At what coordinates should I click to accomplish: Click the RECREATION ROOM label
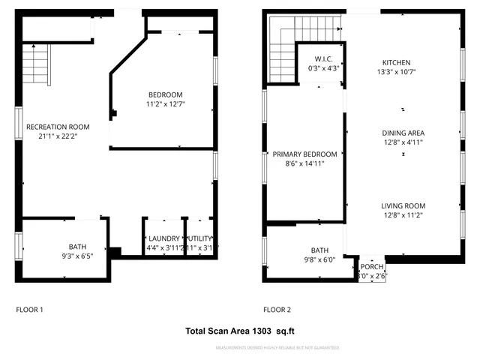[x=57, y=127]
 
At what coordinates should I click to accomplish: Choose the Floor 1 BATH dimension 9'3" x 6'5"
[x=77, y=256]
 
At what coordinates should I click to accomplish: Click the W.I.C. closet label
[x=324, y=58]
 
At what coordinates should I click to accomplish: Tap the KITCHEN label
[x=397, y=62]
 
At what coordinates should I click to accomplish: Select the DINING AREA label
[x=403, y=133]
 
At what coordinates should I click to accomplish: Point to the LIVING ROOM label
[x=403, y=205]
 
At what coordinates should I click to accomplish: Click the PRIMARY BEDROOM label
[x=304, y=154]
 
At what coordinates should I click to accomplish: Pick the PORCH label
[x=372, y=266]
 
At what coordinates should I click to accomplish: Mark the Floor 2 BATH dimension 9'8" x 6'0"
[x=320, y=259]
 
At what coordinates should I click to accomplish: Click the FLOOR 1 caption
[x=30, y=309]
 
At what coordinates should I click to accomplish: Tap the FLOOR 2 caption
[x=277, y=309]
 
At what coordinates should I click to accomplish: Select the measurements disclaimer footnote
[x=277, y=348]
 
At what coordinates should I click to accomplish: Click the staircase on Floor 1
[x=35, y=63]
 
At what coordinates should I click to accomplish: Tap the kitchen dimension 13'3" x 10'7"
[x=397, y=72]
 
